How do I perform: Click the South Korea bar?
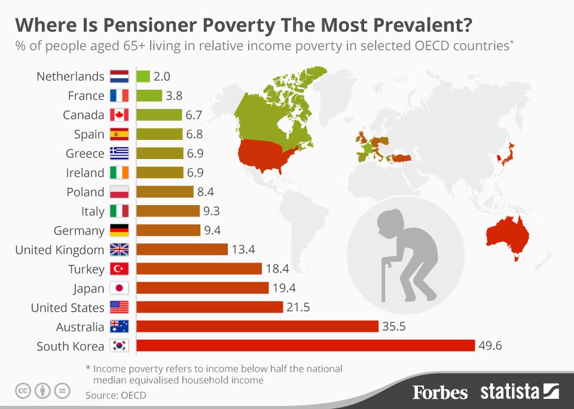coord(306,346)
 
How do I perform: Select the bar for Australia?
coord(257,326)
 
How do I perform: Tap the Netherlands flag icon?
coord(120,77)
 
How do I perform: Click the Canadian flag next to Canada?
coord(120,115)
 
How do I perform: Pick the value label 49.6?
coord(491,346)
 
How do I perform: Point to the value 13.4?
coord(244,249)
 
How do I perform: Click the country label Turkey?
coord(87,269)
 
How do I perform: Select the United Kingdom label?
coord(60,249)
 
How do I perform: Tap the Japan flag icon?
coord(120,288)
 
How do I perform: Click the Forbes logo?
coord(440,392)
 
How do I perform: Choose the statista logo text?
coord(510,392)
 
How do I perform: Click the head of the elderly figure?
coord(390,222)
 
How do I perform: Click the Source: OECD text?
coord(115,395)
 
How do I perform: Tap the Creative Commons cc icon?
coord(23,391)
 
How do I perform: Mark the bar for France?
coord(149,96)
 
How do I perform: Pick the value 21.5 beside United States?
coord(299,307)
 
